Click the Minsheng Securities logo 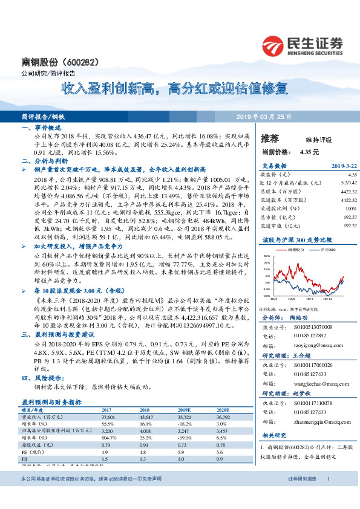pos(302,45)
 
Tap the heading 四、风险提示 pos(43,379)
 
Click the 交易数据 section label pos(273,166)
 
